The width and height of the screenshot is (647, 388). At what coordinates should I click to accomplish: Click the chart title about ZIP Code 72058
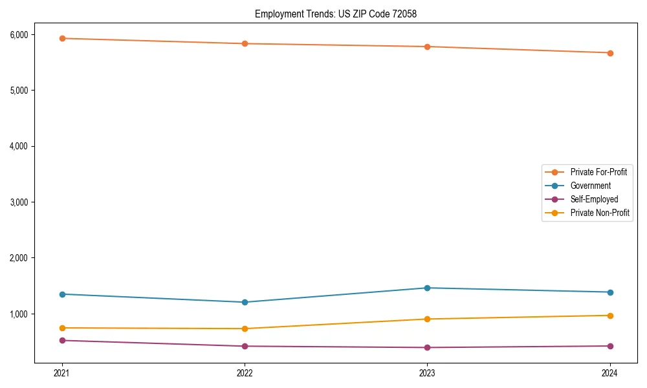pos(340,14)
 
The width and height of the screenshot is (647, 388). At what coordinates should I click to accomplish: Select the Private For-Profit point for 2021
pos(62,38)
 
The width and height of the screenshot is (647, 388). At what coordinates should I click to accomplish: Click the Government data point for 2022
pos(245,302)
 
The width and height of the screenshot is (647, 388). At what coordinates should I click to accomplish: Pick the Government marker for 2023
pos(428,288)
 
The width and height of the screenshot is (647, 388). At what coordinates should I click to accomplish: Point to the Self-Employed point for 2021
pos(62,340)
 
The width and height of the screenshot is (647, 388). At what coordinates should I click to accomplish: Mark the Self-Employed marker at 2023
pos(428,347)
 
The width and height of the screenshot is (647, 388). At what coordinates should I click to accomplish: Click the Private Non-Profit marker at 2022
pos(245,329)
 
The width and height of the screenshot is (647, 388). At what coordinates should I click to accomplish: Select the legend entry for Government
pos(590,186)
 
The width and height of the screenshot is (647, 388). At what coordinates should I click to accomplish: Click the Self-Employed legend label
pos(594,199)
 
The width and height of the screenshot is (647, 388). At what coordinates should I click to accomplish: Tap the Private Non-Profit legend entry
pos(600,213)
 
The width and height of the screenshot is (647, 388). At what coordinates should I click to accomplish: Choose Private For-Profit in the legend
pos(598,172)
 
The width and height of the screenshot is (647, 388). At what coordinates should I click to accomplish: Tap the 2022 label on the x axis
pos(245,373)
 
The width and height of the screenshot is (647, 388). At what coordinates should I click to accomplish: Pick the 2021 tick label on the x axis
pos(62,373)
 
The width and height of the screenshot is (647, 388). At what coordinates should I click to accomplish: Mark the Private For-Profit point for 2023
pos(428,47)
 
